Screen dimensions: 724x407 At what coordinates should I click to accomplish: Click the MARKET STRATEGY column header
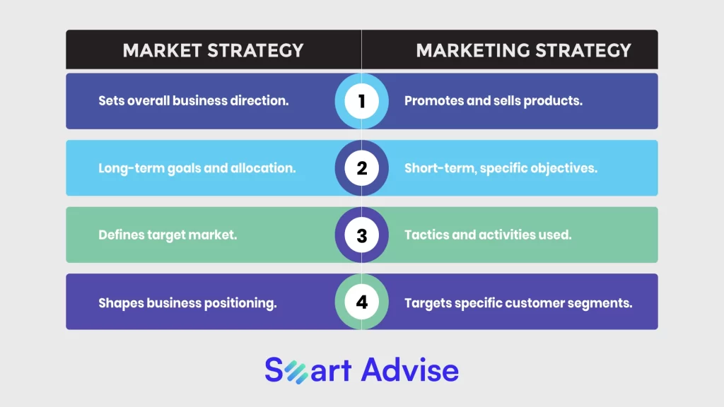click(x=213, y=50)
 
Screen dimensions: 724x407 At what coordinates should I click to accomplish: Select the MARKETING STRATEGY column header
click(x=523, y=50)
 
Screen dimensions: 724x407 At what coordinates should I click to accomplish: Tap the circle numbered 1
click(x=361, y=101)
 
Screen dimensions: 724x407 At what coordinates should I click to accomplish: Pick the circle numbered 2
click(x=361, y=168)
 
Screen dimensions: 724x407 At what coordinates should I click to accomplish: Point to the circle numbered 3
click(x=361, y=235)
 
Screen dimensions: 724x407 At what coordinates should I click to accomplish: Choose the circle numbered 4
click(x=361, y=302)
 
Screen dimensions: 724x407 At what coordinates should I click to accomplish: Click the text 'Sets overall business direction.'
click(x=194, y=100)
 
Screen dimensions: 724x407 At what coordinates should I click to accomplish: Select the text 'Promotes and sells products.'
click(x=493, y=100)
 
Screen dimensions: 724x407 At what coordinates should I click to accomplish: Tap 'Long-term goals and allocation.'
click(x=197, y=168)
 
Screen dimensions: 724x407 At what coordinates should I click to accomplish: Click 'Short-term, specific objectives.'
click(x=501, y=168)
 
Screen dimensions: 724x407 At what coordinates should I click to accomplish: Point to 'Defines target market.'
click(x=168, y=235)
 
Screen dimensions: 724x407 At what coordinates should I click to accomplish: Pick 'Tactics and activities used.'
click(x=488, y=235)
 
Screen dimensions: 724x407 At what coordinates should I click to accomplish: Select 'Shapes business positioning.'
click(x=187, y=302)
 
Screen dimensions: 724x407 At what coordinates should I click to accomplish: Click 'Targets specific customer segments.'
click(x=518, y=302)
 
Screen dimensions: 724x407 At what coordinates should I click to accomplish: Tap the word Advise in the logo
click(x=410, y=370)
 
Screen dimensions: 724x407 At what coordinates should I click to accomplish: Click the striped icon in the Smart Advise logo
click(x=296, y=372)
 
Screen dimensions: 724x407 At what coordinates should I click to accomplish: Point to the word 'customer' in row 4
click(x=533, y=303)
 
